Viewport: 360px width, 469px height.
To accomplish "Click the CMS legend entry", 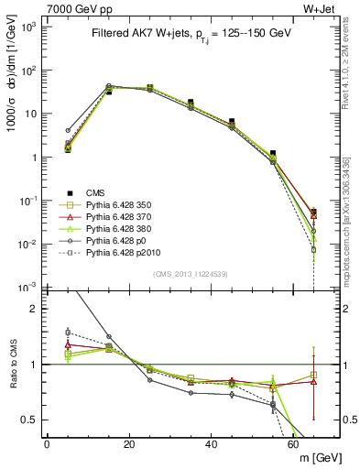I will [97, 192].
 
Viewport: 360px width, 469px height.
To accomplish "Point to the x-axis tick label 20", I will [129, 444].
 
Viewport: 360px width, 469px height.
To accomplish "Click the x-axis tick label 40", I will [212, 444].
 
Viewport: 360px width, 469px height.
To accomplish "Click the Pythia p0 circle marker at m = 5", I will [68, 131].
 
